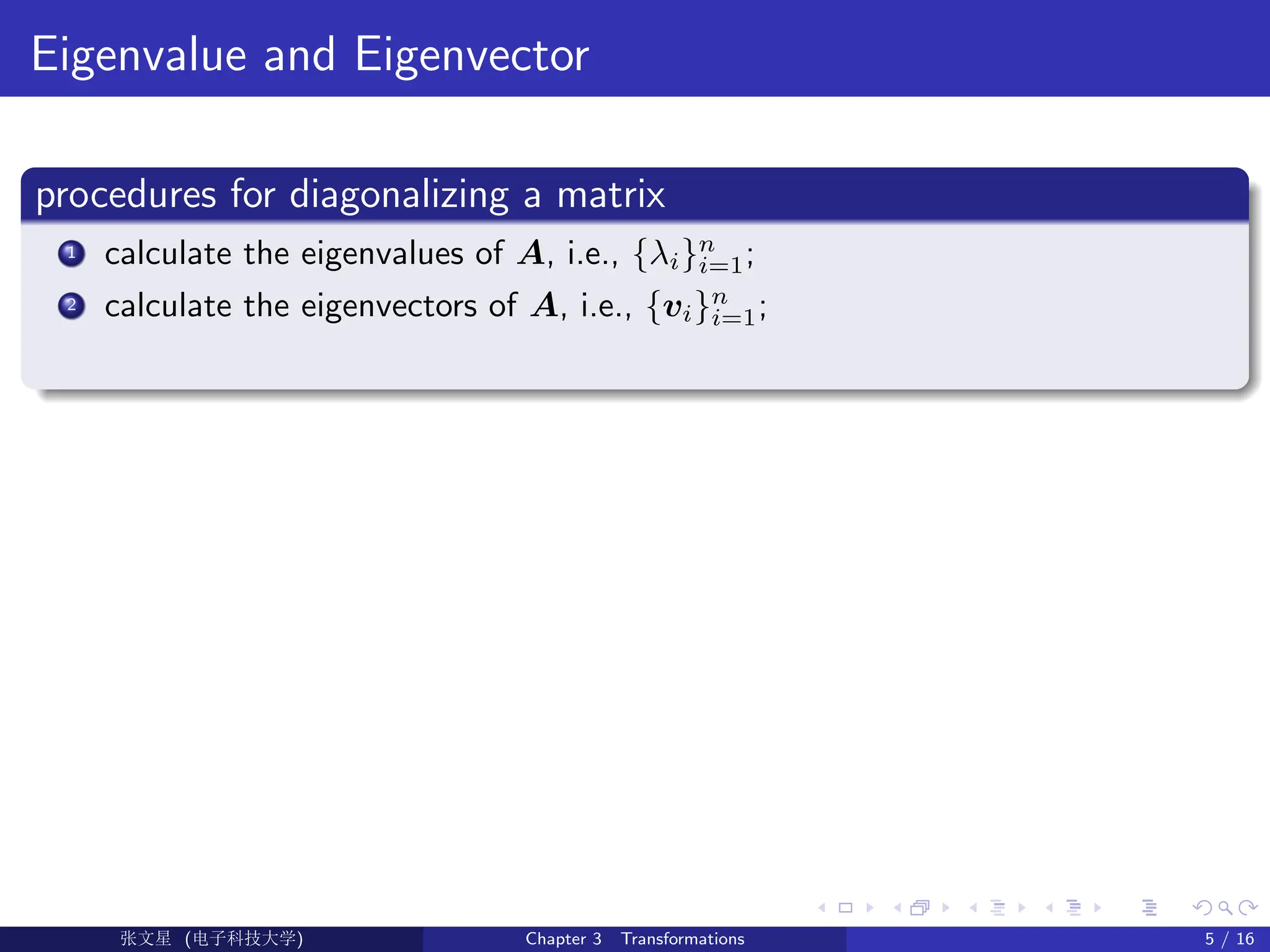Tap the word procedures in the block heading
pyautogui.click(x=126, y=195)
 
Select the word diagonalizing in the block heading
pyautogui.click(x=399, y=195)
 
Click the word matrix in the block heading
pyautogui.click(x=610, y=195)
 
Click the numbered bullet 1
pyautogui.click(x=72, y=253)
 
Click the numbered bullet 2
pyautogui.click(x=72, y=306)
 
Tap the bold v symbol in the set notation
pyautogui.click(x=673, y=307)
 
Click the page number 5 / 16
pyautogui.click(x=1228, y=939)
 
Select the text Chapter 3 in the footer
pyautogui.click(x=563, y=939)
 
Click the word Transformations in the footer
pyautogui.click(x=682, y=939)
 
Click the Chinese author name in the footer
pyautogui.click(x=146, y=938)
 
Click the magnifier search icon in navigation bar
pyautogui.click(x=1225, y=908)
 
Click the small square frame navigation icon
pyautogui.click(x=845, y=908)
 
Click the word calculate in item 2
pyautogui.click(x=168, y=306)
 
